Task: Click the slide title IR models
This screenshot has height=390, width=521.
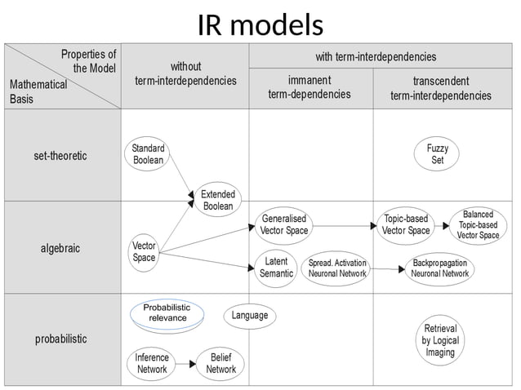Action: [x=260, y=25]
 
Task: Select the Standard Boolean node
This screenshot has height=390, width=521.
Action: [x=148, y=154]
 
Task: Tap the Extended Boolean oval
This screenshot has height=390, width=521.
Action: [x=217, y=200]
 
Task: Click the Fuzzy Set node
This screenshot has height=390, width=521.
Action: [x=438, y=154]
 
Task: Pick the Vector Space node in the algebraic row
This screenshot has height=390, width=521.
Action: [x=144, y=251]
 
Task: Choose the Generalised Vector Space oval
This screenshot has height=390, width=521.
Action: [x=284, y=224]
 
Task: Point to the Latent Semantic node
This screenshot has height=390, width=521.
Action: [x=276, y=268]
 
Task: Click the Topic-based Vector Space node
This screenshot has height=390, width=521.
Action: [x=407, y=224]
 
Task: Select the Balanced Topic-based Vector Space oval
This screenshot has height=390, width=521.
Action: [x=478, y=224]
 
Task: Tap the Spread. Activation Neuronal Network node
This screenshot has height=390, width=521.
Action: [x=337, y=268]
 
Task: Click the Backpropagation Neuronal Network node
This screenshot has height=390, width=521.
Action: [x=439, y=268]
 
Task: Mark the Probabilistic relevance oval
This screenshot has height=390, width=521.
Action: [x=167, y=313]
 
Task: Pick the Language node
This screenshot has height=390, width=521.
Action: [x=249, y=316]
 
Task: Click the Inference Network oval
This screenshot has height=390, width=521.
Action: [x=151, y=363]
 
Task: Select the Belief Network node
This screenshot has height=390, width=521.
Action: [x=220, y=363]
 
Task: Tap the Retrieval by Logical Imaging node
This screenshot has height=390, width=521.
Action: [x=440, y=340]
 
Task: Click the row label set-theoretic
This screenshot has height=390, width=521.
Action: [x=60, y=155]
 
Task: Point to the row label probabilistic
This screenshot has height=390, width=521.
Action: [x=60, y=339]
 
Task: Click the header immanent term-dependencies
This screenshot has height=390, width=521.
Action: [x=309, y=86]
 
